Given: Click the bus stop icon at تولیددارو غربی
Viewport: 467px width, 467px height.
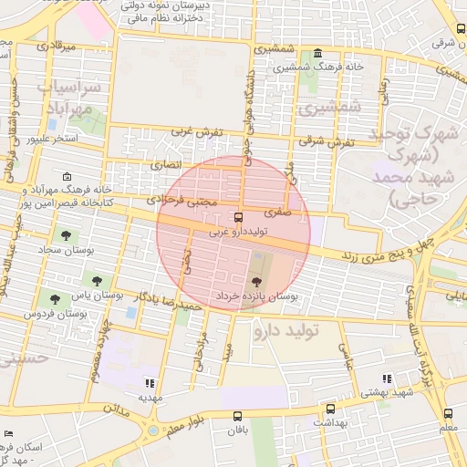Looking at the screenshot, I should click(238, 218).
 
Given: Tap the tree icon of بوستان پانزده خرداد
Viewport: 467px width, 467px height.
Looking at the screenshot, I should click(254, 279).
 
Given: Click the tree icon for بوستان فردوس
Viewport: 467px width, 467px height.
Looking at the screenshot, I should click(57, 297).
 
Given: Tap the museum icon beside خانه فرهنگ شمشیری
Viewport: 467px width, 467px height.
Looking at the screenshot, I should click(317, 54).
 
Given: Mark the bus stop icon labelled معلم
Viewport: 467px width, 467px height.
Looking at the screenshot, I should click(447, 411).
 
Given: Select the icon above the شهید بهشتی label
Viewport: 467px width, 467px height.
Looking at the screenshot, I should click(387, 378).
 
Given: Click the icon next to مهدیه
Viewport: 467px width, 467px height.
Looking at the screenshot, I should click(150, 383).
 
